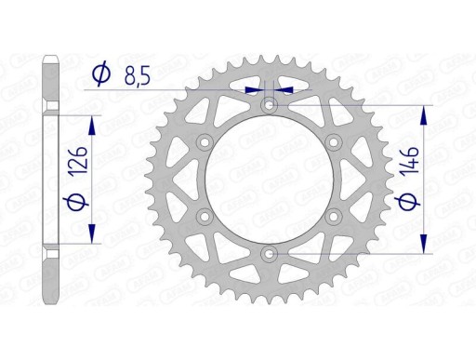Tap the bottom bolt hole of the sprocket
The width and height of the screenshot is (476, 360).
pos(269,251)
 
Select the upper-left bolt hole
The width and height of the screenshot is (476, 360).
pos(204,142)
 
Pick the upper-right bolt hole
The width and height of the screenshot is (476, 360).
pos(332,142)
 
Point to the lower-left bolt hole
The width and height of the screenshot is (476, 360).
pos(204,217)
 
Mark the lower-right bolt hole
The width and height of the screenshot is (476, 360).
pos(332,217)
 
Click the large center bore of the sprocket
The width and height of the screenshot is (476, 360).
pos(269,180)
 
